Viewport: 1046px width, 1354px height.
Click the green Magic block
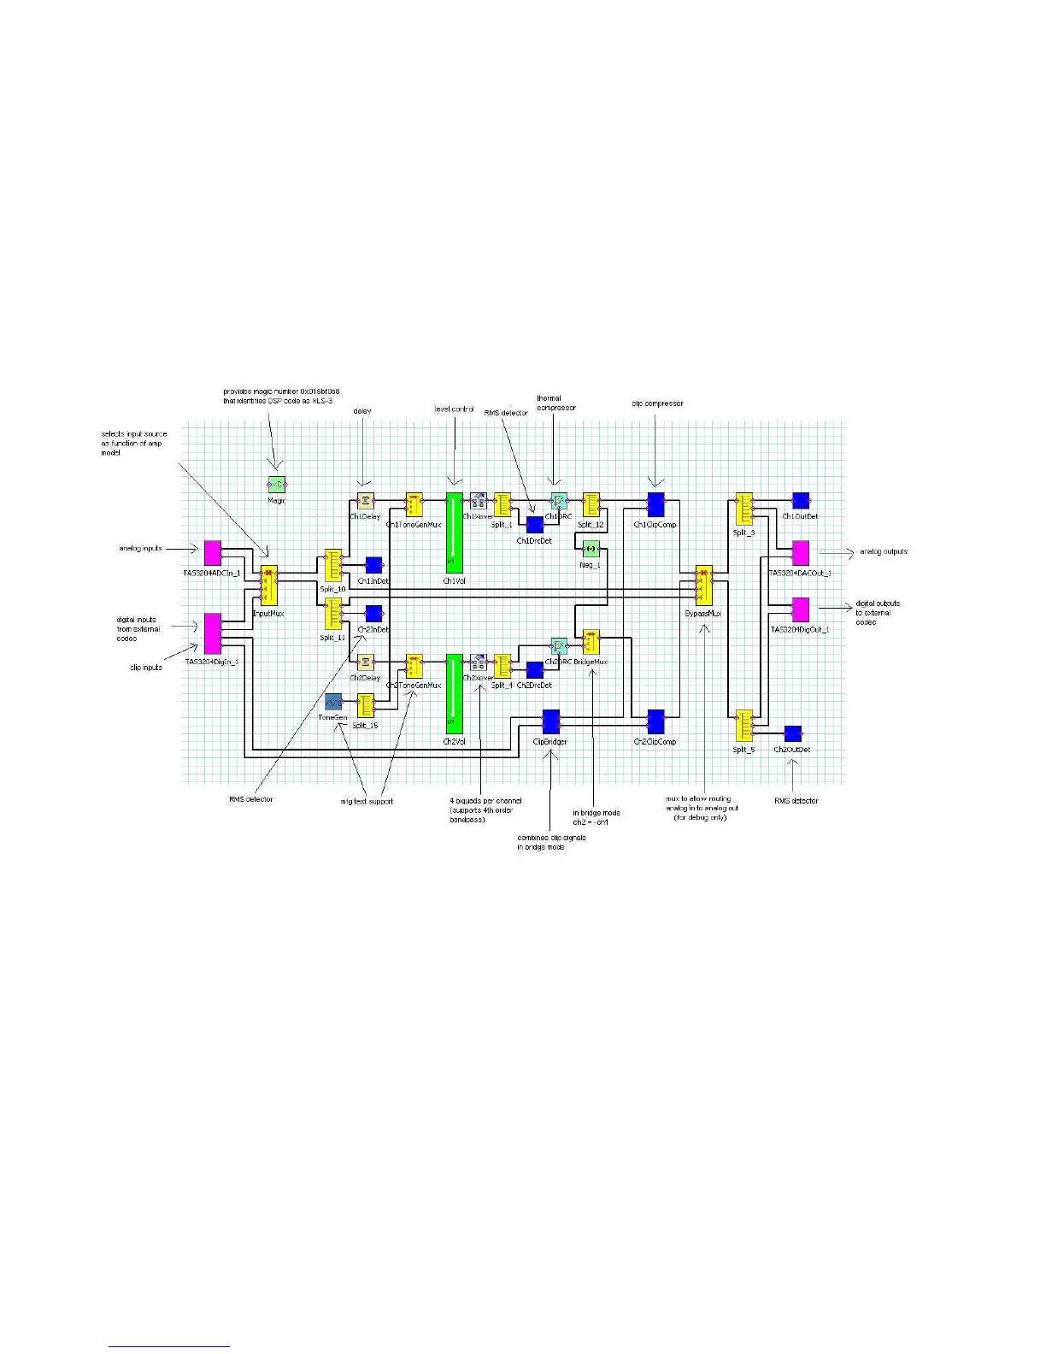pos(276,486)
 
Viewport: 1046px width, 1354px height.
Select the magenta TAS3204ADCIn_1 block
pos(213,553)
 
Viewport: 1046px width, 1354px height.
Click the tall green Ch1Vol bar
pos(454,532)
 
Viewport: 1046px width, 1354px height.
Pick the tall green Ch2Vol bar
pos(454,692)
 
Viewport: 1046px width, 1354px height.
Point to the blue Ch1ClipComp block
pos(655,504)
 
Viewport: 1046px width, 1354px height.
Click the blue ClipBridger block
pos(551,721)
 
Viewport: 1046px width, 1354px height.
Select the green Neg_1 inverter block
pos(591,548)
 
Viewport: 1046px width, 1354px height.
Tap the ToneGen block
pos(332,703)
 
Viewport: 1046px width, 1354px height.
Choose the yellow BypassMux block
pos(704,586)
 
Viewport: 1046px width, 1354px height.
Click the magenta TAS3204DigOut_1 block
pos(801,609)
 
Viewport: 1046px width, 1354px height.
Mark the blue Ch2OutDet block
pos(793,734)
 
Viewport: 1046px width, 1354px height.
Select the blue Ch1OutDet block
pos(801,501)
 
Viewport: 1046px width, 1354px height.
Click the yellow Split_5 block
pos(744,727)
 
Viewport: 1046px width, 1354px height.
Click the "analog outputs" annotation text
pos(884,552)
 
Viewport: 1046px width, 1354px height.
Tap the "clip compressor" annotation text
pos(657,403)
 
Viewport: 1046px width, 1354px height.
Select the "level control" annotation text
pos(454,409)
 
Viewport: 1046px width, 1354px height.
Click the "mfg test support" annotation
pos(367,802)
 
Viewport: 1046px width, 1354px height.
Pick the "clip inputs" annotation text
pos(146,668)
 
